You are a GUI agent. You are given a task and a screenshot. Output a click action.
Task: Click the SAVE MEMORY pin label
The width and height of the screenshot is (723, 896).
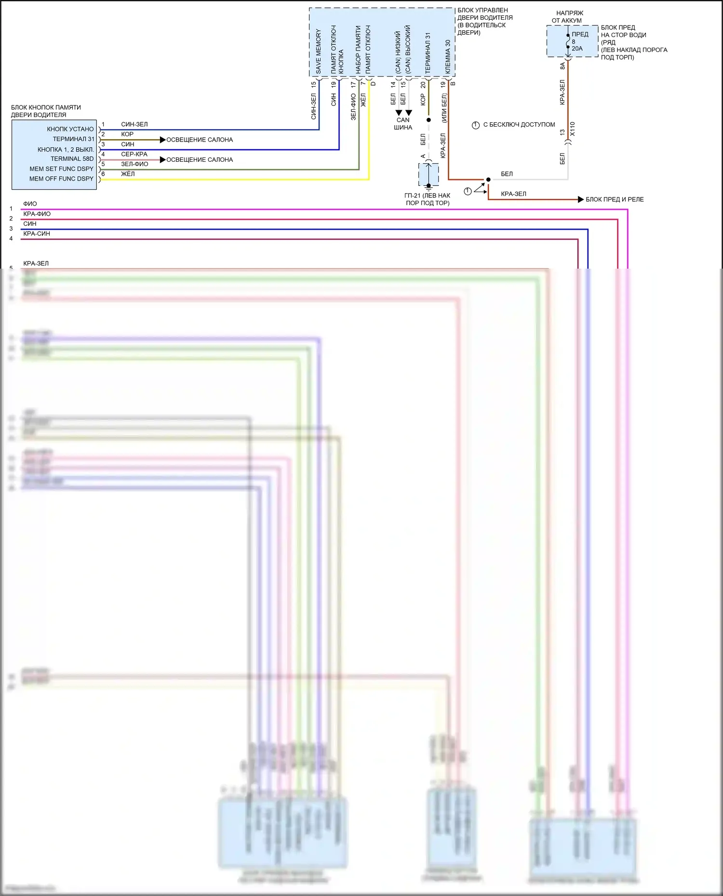318,51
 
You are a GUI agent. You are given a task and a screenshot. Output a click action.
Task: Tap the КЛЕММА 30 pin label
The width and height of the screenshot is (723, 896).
448,56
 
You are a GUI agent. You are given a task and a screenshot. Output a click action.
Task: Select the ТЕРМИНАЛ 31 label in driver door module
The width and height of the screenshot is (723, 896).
428,53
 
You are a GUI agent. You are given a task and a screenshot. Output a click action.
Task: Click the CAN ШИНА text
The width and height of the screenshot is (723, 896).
403,124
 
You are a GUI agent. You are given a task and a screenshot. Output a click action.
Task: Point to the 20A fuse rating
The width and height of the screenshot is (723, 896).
577,49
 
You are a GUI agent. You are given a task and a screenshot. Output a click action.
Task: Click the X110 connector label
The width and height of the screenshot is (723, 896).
573,129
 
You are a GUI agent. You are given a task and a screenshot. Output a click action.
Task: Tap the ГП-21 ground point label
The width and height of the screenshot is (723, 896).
428,199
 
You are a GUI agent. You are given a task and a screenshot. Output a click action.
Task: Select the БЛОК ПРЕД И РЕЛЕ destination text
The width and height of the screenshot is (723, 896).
615,199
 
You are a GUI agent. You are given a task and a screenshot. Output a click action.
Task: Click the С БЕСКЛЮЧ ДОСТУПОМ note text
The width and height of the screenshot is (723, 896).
519,125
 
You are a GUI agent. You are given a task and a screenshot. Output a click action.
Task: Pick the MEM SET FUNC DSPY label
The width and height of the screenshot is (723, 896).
61,169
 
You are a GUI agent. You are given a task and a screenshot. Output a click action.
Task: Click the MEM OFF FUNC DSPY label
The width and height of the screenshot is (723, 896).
61,179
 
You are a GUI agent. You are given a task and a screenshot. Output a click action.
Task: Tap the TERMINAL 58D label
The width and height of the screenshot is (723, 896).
72,159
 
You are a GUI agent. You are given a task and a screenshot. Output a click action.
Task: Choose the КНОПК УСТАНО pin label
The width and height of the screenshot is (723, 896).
70,129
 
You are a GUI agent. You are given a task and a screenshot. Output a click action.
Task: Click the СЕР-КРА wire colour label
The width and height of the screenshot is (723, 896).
134,154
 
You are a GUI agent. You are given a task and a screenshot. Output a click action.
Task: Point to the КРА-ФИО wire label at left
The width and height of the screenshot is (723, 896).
37,214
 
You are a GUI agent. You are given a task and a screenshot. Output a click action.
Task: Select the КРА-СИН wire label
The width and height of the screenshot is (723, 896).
37,234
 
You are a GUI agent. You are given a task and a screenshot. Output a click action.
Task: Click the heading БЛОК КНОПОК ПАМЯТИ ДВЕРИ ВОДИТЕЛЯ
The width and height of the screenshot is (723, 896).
46,111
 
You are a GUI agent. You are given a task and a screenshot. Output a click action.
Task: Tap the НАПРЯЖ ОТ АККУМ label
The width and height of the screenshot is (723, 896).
568,17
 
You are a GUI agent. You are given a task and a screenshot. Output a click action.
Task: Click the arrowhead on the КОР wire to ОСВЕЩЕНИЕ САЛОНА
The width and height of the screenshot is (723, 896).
162,140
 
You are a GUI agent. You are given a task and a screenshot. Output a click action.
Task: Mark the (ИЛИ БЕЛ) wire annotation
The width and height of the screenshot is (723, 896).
444,108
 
